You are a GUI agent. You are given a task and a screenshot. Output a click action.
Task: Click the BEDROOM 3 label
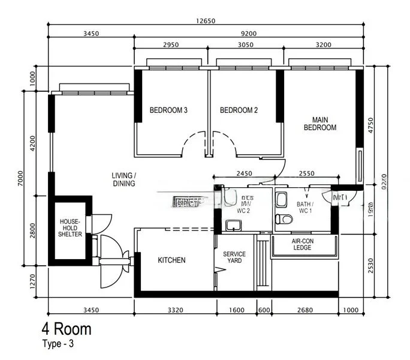pyautogui.click(x=168, y=110)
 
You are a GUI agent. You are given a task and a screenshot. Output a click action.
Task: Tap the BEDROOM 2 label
pyautogui.click(x=239, y=110)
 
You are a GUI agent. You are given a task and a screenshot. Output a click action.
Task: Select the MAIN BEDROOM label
pyautogui.click(x=320, y=124)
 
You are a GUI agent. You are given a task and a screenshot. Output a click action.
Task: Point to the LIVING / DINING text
pyautogui.click(x=123, y=179)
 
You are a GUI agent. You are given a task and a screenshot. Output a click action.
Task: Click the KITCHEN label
pyautogui.click(x=171, y=260)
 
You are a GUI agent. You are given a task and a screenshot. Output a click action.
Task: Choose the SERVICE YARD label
pyautogui.click(x=234, y=258)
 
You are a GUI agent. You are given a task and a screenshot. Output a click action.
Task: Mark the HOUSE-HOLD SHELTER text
pyautogui.click(x=70, y=228)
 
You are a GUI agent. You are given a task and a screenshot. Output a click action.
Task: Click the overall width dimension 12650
pyautogui.click(x=205, y=20)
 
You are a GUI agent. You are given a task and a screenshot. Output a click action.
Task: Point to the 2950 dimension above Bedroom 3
pyautogui.click(x=171, y=46)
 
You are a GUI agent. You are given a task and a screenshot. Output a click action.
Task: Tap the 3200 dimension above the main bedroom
pyautogui.click(x=323, y=46)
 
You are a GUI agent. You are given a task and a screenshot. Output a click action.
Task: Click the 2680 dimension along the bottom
pyautogui.click(x=305, y=310)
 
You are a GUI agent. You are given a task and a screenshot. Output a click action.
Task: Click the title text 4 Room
pyautogui.click(x=66, y=329)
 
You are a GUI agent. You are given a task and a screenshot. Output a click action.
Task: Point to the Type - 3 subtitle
pyautogui.click(x=58, y=344)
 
